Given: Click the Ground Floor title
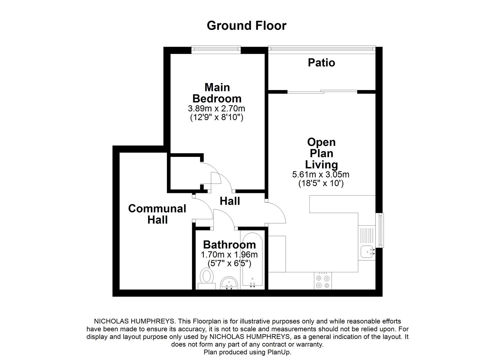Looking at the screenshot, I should point(246,26).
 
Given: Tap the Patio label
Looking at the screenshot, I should point(321,63).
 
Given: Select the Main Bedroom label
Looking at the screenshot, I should point(217,93).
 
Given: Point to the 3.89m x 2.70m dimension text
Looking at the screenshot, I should point(217,109).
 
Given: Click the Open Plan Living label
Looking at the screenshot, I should point(321,153).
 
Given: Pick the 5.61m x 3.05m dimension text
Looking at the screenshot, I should point(321,174).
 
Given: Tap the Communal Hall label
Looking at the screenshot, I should point(157,214).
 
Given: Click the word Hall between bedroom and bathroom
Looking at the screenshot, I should point(230,201).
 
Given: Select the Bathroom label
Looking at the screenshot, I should point(229,245).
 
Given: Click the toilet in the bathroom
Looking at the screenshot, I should point(207,278).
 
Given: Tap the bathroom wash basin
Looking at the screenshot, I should point(229,283).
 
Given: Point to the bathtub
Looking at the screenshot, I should point(253,260).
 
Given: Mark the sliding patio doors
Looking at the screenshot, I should point(322,92).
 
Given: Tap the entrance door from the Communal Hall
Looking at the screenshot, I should point(203,208).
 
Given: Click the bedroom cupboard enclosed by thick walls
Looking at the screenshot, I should point(185,173).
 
